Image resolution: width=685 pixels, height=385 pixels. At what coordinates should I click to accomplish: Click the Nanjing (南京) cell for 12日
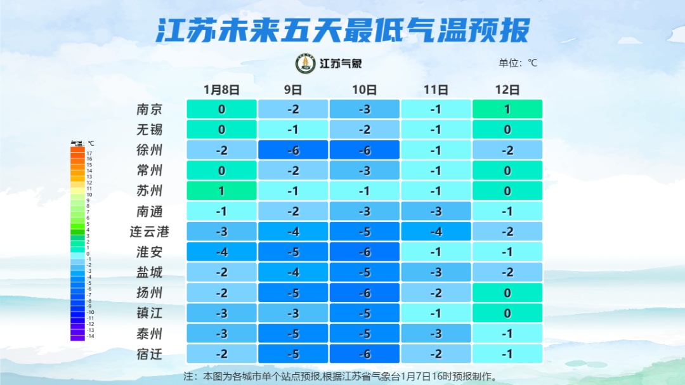click(x=507, y=109)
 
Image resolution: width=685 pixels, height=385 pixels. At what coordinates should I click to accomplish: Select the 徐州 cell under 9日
click(x=293, y=150)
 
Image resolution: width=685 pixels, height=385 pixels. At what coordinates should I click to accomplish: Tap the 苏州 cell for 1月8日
click(x=221, y=191)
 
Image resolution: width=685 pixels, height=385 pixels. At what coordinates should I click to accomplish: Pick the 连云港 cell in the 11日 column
click(x=436, y=232)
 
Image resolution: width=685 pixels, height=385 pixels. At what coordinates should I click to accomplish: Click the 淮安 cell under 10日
click(x=364, y=252)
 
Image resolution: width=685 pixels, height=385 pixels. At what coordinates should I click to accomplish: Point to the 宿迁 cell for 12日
click(x=507, y=354)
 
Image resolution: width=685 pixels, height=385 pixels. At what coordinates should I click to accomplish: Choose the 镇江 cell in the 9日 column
click(x=293, y=313)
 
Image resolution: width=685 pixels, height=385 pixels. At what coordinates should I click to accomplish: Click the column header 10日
click(x=364, y=90)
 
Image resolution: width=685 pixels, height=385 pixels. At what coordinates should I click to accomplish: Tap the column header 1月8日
click(x=221, y=90)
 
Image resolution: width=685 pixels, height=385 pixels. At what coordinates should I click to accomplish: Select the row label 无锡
click(x=150, y=129)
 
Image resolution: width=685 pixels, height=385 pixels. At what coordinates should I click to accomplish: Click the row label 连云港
click(x=150, y=232)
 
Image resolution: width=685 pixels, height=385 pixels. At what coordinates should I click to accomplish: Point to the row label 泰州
click(x=150, y=334)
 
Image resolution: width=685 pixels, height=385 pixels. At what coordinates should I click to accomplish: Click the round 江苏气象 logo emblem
click(x=306, y=63)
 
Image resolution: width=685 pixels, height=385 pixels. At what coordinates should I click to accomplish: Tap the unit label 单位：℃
click(x=518, y=63)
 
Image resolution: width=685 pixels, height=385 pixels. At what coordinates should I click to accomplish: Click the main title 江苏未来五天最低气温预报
click(x=342, y=30)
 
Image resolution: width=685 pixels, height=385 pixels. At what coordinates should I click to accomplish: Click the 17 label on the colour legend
click(x=89, y=153)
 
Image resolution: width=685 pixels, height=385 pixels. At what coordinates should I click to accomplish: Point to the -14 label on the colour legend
click(x=90, y=336)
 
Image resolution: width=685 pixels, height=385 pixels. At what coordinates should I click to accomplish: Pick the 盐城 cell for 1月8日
click(x=221, y=272)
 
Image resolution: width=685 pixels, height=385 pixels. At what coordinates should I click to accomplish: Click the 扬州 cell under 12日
click(x=507, y=293)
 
